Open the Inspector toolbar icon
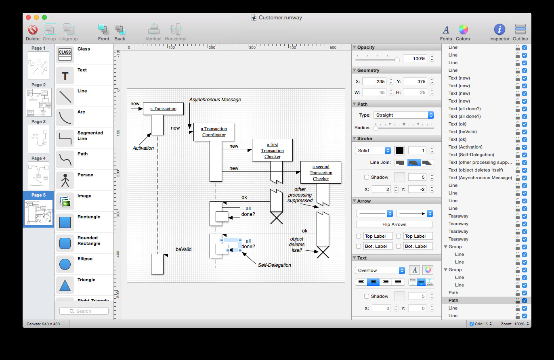pos(499,29)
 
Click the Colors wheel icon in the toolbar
pos(463,29)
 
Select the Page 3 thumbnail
pos(39,139)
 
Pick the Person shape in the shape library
pos(65,180)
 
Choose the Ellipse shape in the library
pos(65,264)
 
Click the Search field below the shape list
pos(84,311)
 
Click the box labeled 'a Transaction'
pos(163,109)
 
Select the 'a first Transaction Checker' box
pos(272,150)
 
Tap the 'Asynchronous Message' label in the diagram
pos(215,100)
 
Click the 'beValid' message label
pos(183,249)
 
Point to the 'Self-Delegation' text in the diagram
pos(274,265)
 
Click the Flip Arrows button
pos(394,224)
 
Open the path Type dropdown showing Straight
pos(403,115)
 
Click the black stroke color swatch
pos(399,151)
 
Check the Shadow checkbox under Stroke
pos(367,177)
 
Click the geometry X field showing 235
pos(374,82)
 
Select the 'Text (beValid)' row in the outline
pos(462,132)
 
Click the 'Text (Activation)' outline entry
pos(465,147)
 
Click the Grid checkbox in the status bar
pos(471,324)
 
